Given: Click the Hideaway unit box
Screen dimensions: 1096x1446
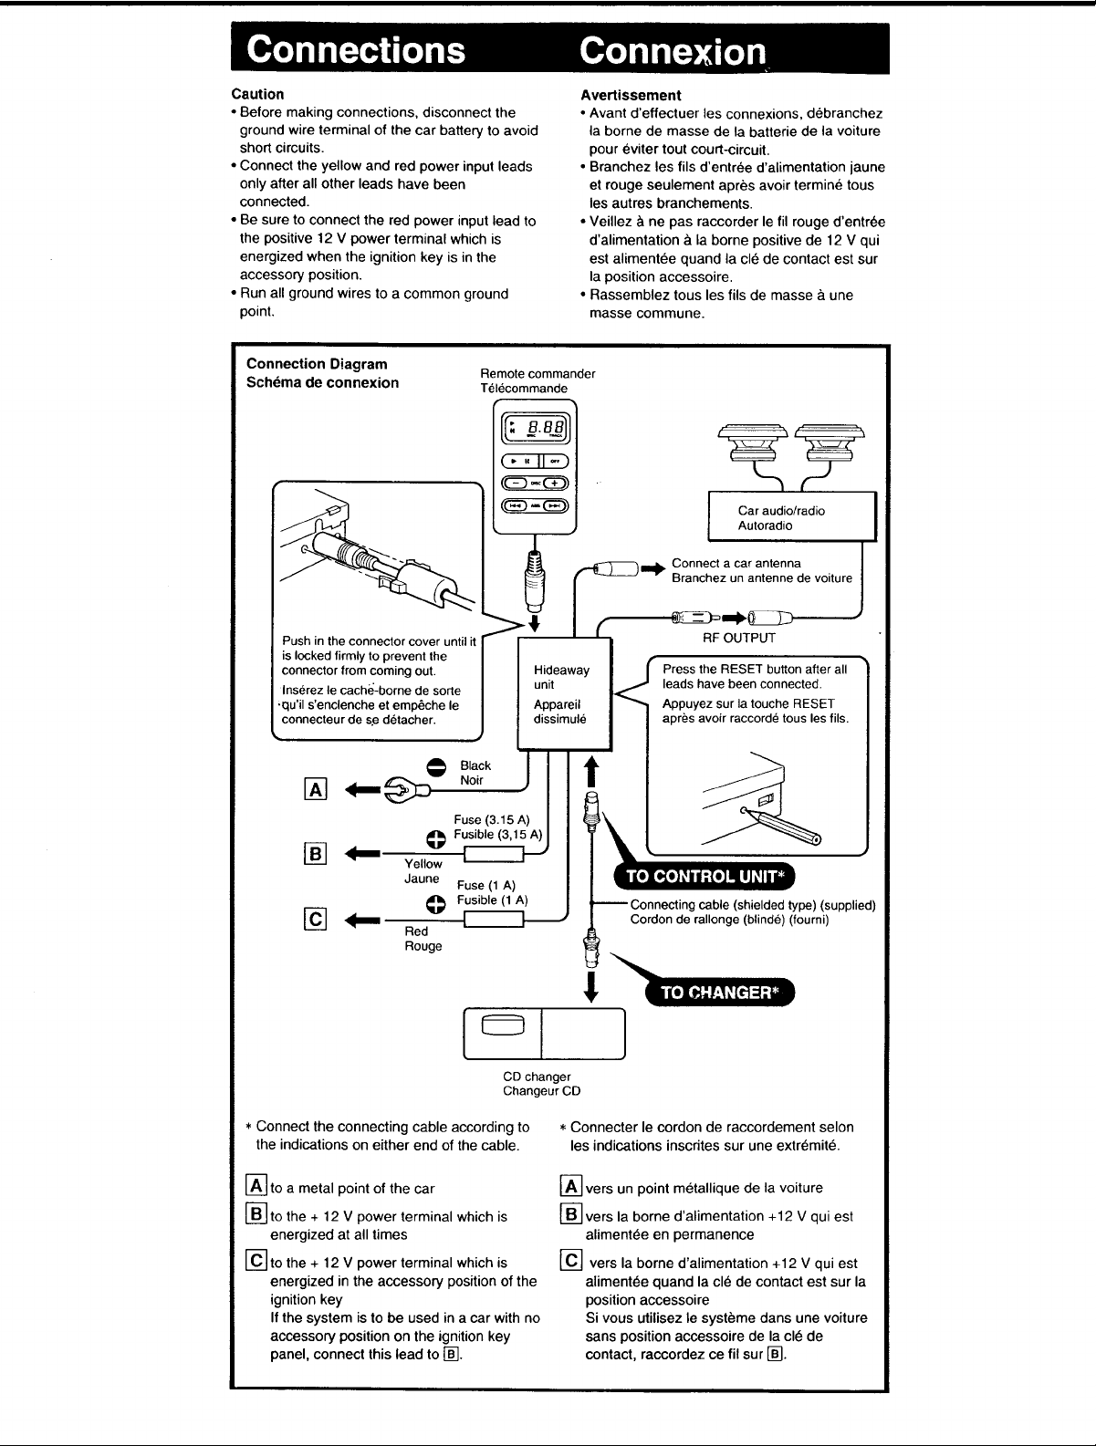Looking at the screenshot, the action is point(565,693).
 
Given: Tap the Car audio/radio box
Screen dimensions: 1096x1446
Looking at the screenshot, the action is point(792,517).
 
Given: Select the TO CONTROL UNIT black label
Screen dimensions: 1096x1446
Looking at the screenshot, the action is point(705,876).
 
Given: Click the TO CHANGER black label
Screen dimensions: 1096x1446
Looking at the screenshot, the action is point(719,993).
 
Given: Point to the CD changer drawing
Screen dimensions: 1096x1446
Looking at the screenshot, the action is point(544,1034).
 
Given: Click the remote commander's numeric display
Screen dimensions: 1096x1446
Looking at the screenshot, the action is point(536,429).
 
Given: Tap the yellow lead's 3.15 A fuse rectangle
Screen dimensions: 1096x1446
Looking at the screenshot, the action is point(494,855).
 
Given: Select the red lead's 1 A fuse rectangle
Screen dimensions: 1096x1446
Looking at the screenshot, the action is point(494,920).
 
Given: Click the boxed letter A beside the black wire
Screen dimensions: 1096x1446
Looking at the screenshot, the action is point(316,789).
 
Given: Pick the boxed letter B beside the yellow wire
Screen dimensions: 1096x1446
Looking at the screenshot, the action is point(316,854).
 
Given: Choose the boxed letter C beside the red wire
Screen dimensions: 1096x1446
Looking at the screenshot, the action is point(316,919).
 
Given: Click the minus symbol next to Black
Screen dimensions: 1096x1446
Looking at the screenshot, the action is point(436,767).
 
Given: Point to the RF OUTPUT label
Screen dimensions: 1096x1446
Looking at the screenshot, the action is point(739,638).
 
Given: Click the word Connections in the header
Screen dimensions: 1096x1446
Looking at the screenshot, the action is point(356,49).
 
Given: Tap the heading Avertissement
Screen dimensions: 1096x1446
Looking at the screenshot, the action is point(631,95).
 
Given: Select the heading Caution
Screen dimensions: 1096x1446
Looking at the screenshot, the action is point(257,94).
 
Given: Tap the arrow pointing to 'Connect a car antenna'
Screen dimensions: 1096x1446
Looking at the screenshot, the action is point(653,569).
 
